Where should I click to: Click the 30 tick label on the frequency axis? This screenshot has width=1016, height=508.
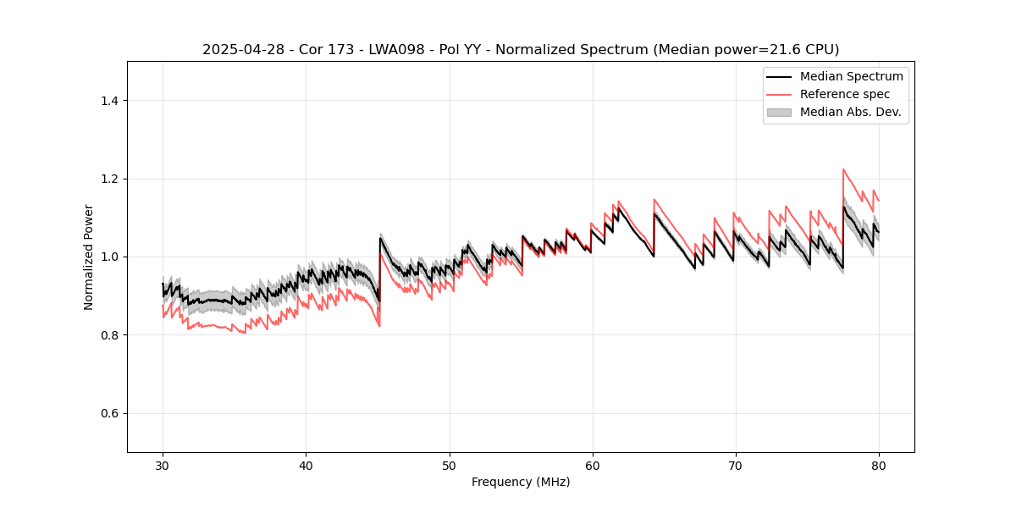pos(163,465)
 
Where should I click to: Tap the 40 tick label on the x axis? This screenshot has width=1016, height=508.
pos(306,465)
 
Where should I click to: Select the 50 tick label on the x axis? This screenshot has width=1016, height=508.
pos(449,465)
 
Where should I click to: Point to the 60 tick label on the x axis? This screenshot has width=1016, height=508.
pos(593,465)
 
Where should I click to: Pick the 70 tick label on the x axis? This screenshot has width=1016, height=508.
pos(736,465)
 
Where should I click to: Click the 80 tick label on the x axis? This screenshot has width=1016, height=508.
pos(879,465)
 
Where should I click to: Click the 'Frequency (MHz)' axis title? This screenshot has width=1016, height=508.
pos(521,482)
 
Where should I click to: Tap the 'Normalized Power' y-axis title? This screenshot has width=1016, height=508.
pos(89,257)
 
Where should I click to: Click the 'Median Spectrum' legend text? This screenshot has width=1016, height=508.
pos(851,76)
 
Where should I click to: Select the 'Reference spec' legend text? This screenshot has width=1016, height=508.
pos(845,94)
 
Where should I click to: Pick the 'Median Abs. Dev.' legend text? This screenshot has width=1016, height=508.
pos(850,112)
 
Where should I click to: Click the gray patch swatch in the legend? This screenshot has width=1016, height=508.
pos(779,112)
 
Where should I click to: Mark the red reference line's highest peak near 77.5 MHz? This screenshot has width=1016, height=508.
pos(843,169)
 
